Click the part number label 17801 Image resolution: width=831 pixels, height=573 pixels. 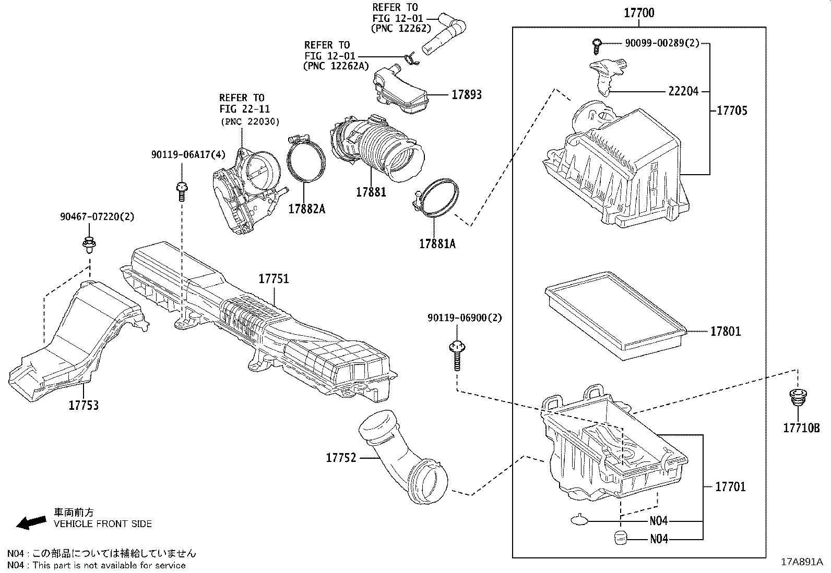coord(725,332)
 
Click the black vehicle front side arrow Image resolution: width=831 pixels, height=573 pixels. coord(31,521)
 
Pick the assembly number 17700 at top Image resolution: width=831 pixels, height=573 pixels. coord(639,13)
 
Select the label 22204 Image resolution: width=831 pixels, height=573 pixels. coord(683,91)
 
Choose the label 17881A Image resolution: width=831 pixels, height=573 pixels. coord(437,243)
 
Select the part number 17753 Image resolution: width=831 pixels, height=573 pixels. coord(84,405)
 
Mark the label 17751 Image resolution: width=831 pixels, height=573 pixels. coord(274,279)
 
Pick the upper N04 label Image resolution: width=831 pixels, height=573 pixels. coord(659,520)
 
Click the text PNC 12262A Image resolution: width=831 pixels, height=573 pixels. coord(336,66)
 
